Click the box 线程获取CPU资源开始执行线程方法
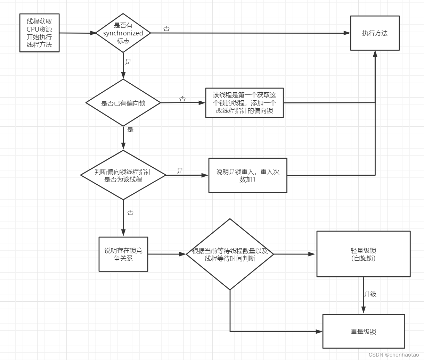tap(39, 33)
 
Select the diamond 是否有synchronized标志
tap(123, 33)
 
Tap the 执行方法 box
tap(375, 33)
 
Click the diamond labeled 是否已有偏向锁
tap(123, 103)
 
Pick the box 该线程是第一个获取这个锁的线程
tap(244, 103)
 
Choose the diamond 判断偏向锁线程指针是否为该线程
tap(123, 175)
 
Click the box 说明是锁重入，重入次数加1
tap(247, 175)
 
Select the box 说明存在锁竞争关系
tap(123, 254)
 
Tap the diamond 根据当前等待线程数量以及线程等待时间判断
tap(230, 254)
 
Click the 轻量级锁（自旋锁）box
tap(363, 254)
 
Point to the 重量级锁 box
tap(364, 331)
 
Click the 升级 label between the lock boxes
tap(370, 294)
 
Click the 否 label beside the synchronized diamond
tap(166, 28)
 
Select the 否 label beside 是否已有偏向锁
tap(182, 99)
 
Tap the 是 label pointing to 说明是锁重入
tap(180, 170)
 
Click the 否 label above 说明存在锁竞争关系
tap(130, 212)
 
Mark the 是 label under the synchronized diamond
tap(128, 62)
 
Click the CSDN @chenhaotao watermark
tap(393, 354)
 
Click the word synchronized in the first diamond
tap(123, 33)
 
